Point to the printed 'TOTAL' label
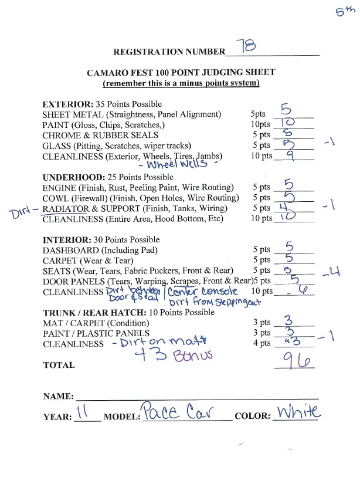(x=59, y=365)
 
